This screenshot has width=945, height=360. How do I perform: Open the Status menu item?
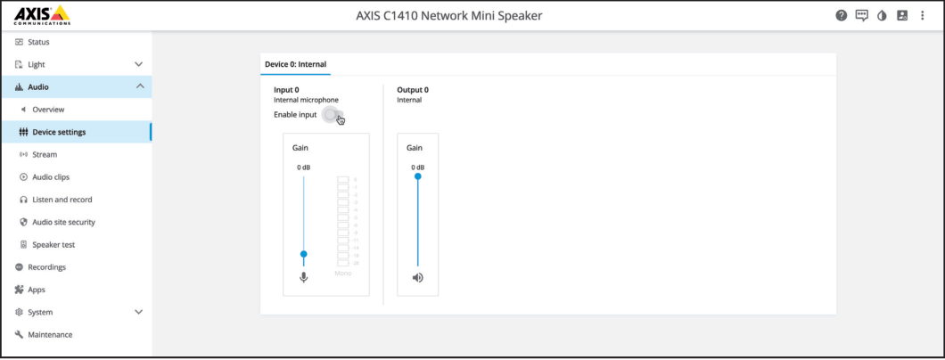pos(38,42)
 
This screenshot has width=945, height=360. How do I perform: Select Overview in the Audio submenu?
pos(48,109)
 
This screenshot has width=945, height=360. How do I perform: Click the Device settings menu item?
pos(59,132)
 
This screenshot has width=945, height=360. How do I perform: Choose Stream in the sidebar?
pos(45,154)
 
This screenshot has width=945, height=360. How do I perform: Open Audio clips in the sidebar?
pos(51,176)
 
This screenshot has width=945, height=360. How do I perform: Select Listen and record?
pos(62,200)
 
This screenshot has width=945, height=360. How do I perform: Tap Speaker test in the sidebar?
pos(53,244)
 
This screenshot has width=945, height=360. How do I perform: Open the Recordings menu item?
pos(46,266)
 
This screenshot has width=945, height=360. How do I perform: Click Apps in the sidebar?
pos(36,290)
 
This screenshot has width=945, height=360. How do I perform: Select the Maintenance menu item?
pos(50,334)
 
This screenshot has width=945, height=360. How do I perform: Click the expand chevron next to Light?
pos(138,64)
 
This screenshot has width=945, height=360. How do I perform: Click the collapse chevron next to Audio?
pos(138,86)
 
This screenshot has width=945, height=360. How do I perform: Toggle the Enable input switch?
pos(333,115)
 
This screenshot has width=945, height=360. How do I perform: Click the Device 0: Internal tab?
pos(295,64)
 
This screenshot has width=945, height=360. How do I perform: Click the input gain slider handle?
pos(304,254)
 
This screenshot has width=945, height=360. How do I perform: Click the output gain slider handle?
pos(417,176)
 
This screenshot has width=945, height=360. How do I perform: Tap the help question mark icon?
pos(842,15)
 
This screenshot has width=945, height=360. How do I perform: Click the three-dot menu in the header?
pos(922,15)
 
